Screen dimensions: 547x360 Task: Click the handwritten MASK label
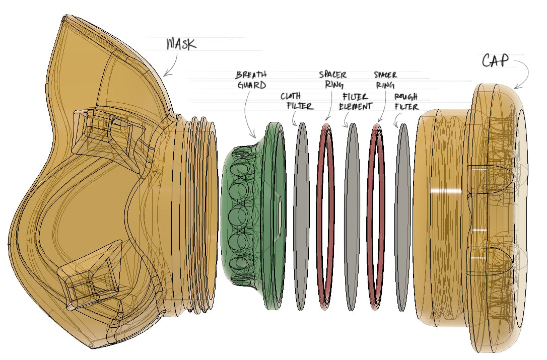pyautogui.click(x=181, y=44)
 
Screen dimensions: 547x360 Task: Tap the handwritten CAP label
pyautogui.click(x=495, y=61)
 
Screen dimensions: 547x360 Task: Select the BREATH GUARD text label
pyautogui.click(x=251, y=80)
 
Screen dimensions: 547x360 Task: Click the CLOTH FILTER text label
pyautogui.click(x=297, y=101)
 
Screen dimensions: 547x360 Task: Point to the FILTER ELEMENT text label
pyautogui.click(x=356, y=102)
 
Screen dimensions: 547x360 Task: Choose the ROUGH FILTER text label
pyautogui.click(x=406, y=102)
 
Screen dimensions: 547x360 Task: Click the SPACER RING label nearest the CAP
pyautogui.click(x=385, y=80)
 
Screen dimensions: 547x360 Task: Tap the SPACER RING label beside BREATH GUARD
pyautogui.click(x=332, y=80)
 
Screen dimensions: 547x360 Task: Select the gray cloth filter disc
pyautogui.click(x=301, y=217)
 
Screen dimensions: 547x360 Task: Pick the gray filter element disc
pyautogui.click(x=352, y=217)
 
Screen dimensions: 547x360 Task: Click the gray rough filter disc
pyautogui.click(x=403, y=217)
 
